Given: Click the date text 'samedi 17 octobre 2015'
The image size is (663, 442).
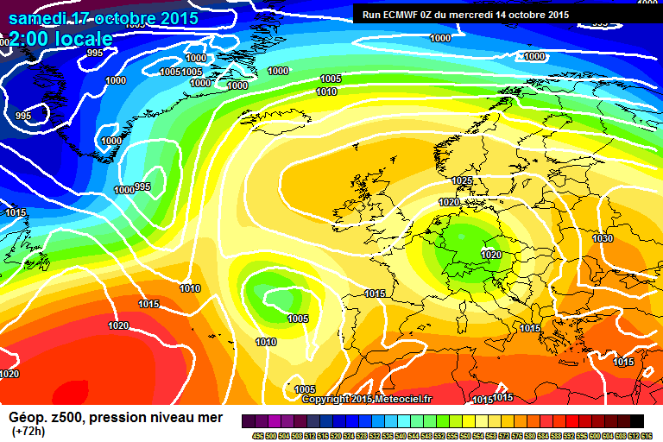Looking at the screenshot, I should [x=104, y=18].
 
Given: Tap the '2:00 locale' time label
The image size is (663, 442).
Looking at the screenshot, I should [x=60, y=39].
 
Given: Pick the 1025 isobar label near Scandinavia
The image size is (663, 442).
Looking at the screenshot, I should [x=462, y=180].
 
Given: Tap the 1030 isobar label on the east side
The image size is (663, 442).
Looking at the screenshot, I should [x=603, y=238].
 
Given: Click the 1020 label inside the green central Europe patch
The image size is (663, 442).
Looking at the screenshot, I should [x=491, y=255].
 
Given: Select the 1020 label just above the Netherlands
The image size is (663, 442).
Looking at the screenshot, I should [x=449, y=202].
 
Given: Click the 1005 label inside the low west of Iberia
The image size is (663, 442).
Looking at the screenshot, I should [x=298, y=319].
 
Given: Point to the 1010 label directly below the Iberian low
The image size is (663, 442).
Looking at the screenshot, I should [x=266, y=343].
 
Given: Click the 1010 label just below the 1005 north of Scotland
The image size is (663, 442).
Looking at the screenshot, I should [x=326, y=92].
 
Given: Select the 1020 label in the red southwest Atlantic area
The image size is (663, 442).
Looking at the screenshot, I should [x=118, y=325].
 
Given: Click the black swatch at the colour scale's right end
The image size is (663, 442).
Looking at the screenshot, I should [x=636, y=420].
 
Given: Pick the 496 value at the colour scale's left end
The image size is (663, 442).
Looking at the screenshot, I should [x=257, y=436].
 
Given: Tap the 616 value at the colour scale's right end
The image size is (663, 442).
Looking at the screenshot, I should [x=647, y=436].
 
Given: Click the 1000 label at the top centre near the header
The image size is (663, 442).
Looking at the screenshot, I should [x=440, y=38].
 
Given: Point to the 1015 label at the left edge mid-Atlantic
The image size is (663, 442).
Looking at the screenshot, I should [x=16, y=212].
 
